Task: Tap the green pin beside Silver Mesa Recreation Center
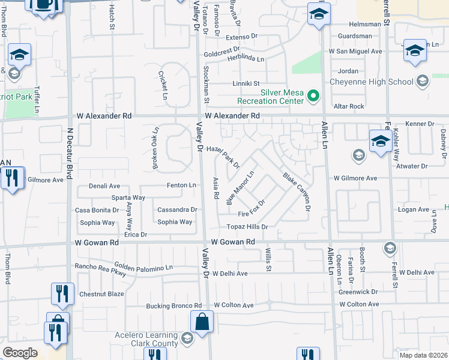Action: coord(312,95)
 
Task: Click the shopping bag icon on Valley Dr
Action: coord(202,321)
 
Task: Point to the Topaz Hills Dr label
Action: coord(247,227)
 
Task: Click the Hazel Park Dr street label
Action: coord(223,157)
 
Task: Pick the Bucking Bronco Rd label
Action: coord(174,306)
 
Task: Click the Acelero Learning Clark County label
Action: coord(147,339)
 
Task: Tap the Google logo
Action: coord(20,353)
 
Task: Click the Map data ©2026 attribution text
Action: coord(423,355)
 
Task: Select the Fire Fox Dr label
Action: coord(252,210)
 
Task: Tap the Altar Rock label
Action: coord(349,106)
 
